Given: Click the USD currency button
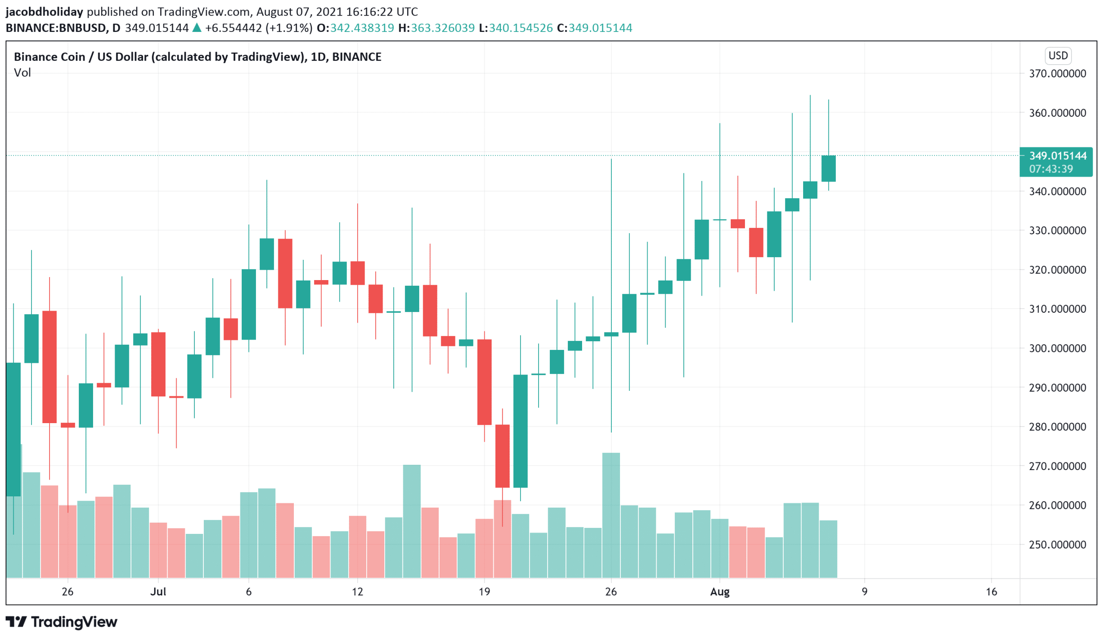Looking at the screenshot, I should point(1058,56).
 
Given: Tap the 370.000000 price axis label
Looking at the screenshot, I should point(1057,74).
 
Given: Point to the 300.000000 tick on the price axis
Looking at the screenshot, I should point(1057,349).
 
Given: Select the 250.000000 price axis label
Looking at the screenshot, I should point(1057,545).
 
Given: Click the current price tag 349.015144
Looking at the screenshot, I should point(1057,156).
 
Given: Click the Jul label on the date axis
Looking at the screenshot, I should point(158,592).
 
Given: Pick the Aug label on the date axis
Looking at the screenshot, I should point(720,592).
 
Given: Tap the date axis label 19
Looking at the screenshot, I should point(484,592).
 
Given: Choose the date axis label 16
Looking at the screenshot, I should point(991,592).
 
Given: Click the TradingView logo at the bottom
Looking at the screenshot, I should point(62,622).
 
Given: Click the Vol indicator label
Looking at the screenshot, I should point(22,73).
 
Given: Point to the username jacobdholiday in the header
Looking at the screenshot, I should point(44,12).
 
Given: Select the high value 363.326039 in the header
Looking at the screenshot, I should point(442,28).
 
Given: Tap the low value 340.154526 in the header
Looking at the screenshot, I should point(520,28).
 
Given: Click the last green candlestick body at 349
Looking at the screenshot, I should point(829,168).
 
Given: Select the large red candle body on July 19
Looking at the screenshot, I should point(484,382).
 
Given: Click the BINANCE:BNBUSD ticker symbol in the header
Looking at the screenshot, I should point(56,28).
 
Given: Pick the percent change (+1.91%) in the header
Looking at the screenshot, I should point(289,28).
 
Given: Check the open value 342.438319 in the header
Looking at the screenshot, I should point(362,28).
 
